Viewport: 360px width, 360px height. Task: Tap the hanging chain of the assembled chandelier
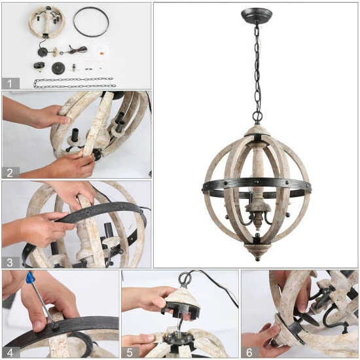click(x=255, y=65)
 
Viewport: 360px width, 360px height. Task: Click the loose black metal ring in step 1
click(x=92, y=22)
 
